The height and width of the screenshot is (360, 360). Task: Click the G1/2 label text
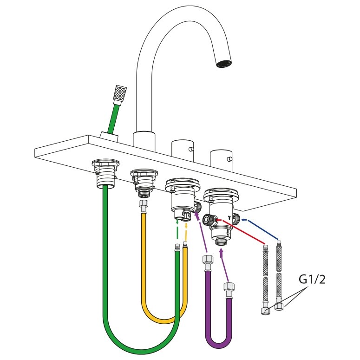312,280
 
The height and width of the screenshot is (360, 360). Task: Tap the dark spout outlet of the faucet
224,64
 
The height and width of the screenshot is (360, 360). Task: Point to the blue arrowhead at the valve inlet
244,220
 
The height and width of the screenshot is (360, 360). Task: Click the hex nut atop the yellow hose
144,204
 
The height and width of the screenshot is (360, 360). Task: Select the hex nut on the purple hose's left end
208,260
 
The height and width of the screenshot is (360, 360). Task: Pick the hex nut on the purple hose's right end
229,288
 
